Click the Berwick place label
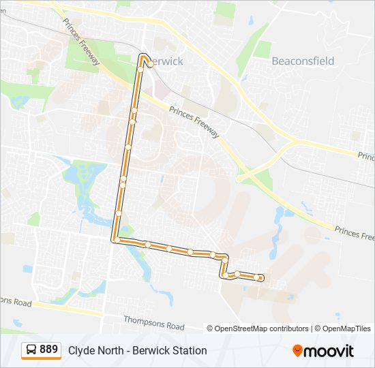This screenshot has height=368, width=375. pyautogui.click(x=165, y=61)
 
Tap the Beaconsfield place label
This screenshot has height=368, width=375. pyautogui.click(x=303, y=61)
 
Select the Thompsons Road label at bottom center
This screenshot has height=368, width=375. pyautogui.click(x=154, y=318)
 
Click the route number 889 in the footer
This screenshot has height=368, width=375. pyautogui.click(x=48, y=350)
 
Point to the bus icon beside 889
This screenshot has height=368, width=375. pyautogui.click(x=31, y=350)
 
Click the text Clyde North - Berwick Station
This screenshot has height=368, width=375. pyautogui.click(x=137, y=350)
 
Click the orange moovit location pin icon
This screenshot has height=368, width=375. pyautogui.click(x=297, y=350)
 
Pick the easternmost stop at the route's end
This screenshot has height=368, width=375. pyautogui.click(x=260, y=277)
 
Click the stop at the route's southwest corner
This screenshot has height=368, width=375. pyautogui.click(x=117, y=240)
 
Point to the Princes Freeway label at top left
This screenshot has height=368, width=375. pyautogui.click(x=81, y=42)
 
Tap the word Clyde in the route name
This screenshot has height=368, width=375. pyautogui.click(x=80, y=350)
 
